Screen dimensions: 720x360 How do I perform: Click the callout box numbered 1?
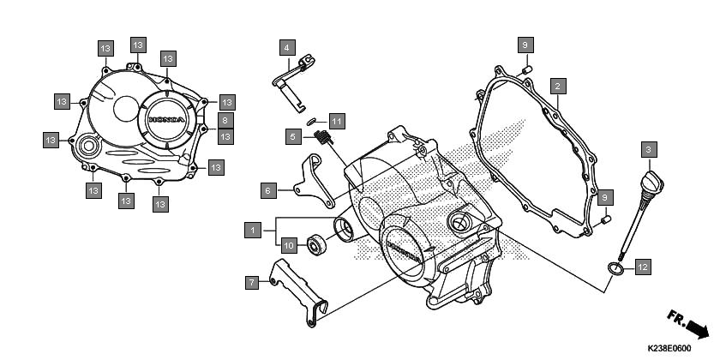[253, 230]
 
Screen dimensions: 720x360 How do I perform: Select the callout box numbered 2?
[558, 86]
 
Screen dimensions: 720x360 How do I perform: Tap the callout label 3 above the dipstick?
[649, 149]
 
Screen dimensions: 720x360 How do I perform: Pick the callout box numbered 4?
[287, 47]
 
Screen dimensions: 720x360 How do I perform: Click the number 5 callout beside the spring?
[293, 136]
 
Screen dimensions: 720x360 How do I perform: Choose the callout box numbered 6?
[268, 190]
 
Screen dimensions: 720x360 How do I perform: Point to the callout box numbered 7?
[252, 282]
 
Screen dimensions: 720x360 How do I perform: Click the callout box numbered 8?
[225, 120]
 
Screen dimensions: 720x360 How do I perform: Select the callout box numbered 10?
[288, 245]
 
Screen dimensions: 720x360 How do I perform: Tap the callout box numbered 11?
[337, 122]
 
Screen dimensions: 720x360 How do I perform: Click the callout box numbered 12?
[643, 267]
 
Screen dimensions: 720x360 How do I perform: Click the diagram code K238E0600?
[669, 349]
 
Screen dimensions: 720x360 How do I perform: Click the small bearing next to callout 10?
[316, 244]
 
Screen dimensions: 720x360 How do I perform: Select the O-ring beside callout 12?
[615, 268]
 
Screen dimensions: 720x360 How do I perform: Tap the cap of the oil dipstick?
[653, 183]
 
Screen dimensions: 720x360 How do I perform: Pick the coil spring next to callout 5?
[323, 136]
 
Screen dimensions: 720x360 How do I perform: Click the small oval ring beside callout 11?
[312, 121]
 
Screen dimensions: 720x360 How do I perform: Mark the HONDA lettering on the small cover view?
[167, 120]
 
